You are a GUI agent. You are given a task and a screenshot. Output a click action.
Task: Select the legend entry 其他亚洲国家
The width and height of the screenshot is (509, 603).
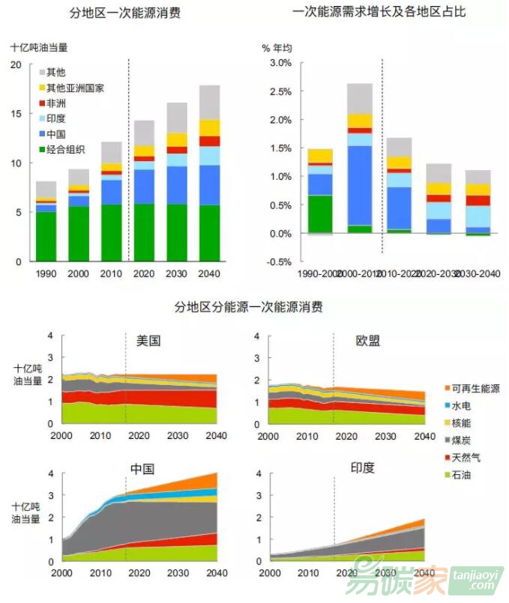(x=74, y=88)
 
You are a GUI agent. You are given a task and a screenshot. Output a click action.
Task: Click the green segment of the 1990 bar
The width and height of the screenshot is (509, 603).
(x=46, y=237)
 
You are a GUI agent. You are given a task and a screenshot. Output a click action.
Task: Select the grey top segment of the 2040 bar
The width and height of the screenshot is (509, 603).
(x=210, y=102)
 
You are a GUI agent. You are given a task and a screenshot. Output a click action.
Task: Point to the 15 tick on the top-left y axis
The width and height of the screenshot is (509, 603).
(x=17, y=114)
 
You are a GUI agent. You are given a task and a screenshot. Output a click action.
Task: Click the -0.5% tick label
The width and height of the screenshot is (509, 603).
(x=278, y=262)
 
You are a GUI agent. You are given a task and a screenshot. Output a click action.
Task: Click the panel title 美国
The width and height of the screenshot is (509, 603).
(x=148, y=340)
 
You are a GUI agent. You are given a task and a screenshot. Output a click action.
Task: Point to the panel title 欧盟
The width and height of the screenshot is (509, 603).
(x=367, y=340)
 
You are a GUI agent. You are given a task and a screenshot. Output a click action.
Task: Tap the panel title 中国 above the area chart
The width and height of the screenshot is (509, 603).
(x=142, y=470)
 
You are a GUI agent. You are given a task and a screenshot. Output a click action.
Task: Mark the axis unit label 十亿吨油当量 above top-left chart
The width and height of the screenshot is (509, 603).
(x=39, y=46)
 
